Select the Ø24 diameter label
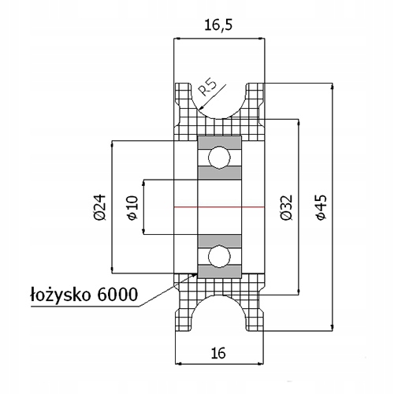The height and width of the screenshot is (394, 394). [98, 206]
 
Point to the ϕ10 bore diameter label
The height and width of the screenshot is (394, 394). [132, 206]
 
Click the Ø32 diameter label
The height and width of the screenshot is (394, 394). [285, 206]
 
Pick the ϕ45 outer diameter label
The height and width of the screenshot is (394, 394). [320, 206]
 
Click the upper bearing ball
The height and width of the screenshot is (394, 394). [218, 156]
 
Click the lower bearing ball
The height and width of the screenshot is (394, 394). [218, 256]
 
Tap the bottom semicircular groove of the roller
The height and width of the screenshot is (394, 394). [218, 312]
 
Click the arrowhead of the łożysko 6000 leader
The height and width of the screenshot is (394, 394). [196, 273]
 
